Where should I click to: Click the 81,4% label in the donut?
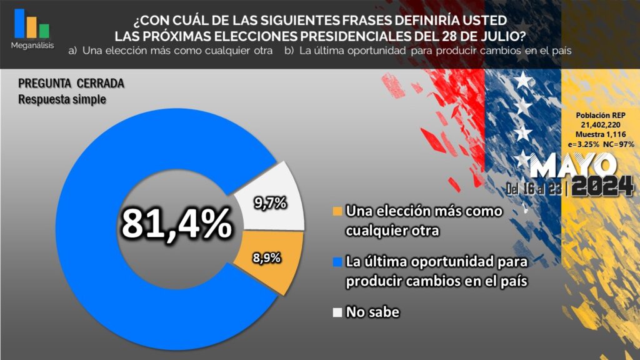tap(176, 224)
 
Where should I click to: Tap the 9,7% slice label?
tap(270, 202)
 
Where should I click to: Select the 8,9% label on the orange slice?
tap(267, 257)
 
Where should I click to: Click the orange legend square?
tap(337, 211)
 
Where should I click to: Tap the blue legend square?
tap(337, 261)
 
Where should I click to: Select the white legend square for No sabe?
tap(337, 312)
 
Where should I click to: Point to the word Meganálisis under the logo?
tap(32, 46)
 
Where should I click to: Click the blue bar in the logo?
tap(19, 23)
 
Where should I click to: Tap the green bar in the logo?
tap(44, 31)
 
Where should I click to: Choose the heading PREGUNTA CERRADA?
tap(71, 84)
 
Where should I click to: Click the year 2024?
tap(603, 186)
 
